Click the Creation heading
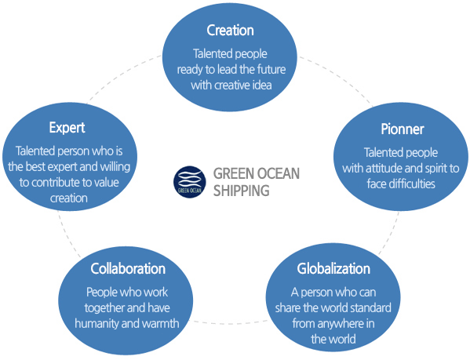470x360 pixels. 230,31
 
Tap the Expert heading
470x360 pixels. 67,128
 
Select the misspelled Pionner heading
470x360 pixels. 403,129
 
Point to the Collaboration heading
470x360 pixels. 128,268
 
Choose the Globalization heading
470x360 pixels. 333,268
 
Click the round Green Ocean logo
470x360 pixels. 190,182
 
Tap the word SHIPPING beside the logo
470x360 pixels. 242,191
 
